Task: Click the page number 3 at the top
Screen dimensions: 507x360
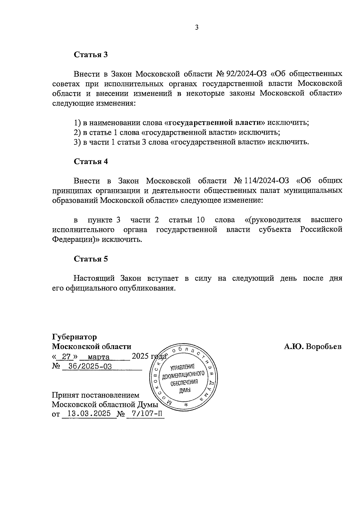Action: pyautogui.click(x=197, y=28)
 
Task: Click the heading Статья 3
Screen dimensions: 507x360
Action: pyautogui.click(x=91, y=55)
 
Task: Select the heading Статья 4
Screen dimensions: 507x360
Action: pyautogui.click(x=91, y=161)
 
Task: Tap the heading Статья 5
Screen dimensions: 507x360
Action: pyautogui.click(x=91, y=259)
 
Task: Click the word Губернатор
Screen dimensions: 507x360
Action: pyautogui.click(x=74, y=337)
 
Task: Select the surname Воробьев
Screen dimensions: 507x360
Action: pyautogui.click(x=324, y=347)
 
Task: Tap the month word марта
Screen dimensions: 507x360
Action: pyautogui.click(x=99, y=357)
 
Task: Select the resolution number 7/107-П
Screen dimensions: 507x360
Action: pyautogui.click(x=145, y=414)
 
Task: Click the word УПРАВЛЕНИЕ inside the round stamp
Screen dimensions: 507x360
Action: pyautogui.click(x=182, y=367)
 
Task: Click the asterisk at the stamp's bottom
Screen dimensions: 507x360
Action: pyautogui.click(x=185, y=405)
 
